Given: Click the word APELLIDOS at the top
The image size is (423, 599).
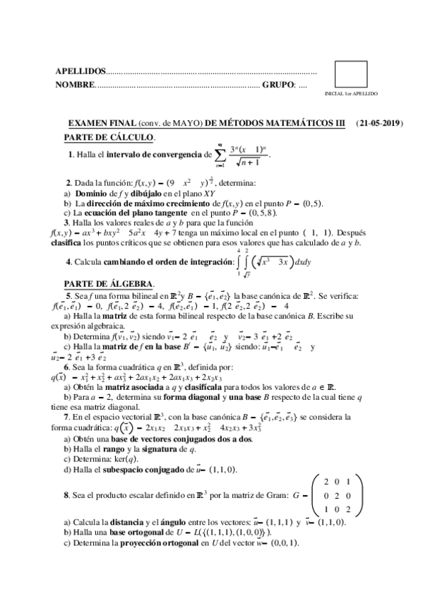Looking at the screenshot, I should point(79,72).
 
